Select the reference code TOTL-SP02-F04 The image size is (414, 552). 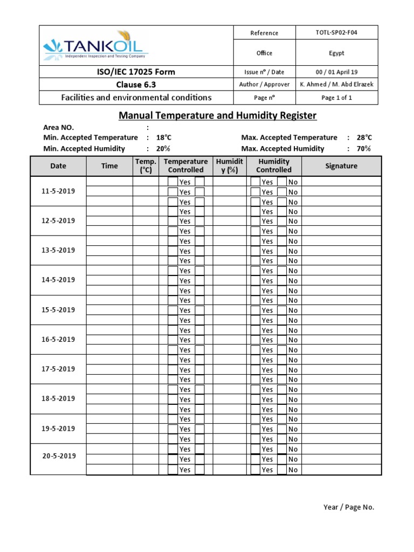point(336,32)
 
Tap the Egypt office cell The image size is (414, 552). point(336,53)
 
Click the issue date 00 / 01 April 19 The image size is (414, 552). point(336,72)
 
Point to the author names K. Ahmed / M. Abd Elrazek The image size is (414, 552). point(336,85)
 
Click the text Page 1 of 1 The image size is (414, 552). point(336,98)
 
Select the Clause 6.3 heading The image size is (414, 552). point(136,85)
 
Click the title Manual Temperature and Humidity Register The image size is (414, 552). point(217,115)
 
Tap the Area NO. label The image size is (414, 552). point(58,128)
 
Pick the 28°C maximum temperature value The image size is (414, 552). point(364,138)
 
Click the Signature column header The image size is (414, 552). point(341,166)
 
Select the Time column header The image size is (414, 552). point(109,166)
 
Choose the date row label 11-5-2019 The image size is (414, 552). point(58,191)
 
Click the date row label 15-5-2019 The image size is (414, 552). point(58,310)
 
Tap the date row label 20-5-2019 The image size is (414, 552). point(58,456)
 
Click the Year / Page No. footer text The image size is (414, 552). point(348,507)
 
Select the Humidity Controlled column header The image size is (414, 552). point(274,165)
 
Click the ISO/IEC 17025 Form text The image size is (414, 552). point(136,72)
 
